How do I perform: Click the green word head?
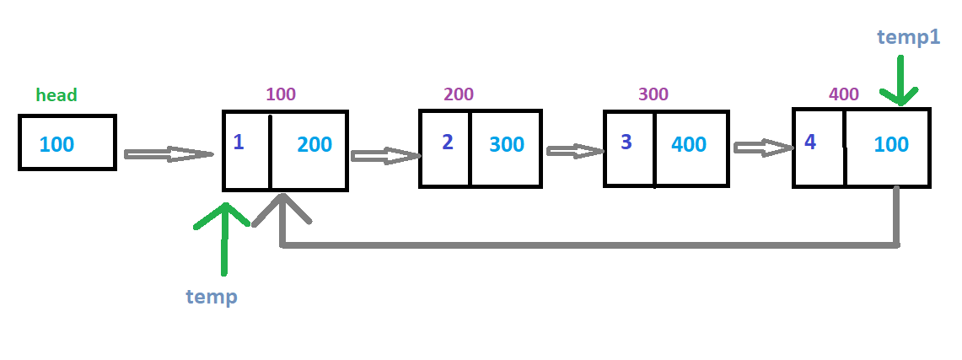56,95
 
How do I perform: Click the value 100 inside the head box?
56,144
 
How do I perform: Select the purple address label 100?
281,94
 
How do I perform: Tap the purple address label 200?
459,94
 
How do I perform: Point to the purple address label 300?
653,94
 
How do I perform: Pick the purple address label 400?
844,94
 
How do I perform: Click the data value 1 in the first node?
239,142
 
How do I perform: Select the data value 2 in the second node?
448,142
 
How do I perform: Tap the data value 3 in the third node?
626,142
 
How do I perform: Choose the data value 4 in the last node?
810,142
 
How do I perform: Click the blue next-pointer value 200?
314,145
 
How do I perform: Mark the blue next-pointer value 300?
507,145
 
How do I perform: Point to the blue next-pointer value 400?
689,145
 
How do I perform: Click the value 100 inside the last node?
891,145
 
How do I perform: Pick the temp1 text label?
908,36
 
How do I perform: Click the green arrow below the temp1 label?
901,83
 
